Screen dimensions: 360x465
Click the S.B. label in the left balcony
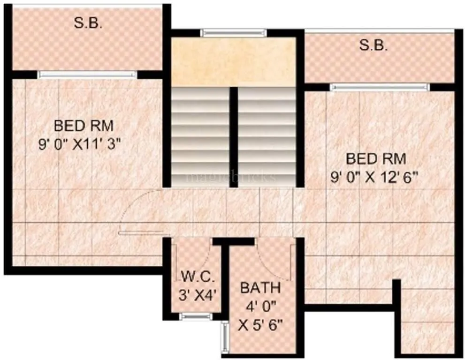(x=88, y=24)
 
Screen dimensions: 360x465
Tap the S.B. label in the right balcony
(x=374, y=45)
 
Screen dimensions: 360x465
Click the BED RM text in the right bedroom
(x=375, y=159)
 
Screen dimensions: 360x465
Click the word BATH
(x=260, y=287)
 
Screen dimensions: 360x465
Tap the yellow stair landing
(x=233, y=61)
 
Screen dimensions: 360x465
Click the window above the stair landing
(x=233, y=33)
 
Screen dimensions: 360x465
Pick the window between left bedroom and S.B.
(x=87, y=74)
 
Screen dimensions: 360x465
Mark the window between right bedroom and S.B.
(x=379, y=87)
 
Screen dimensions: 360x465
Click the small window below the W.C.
(x=196, y=317)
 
